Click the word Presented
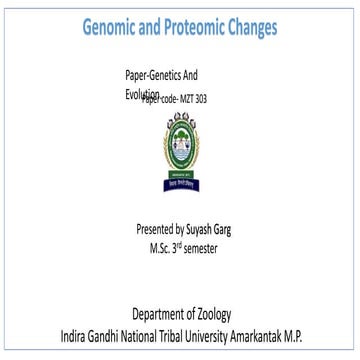point(158,228)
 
